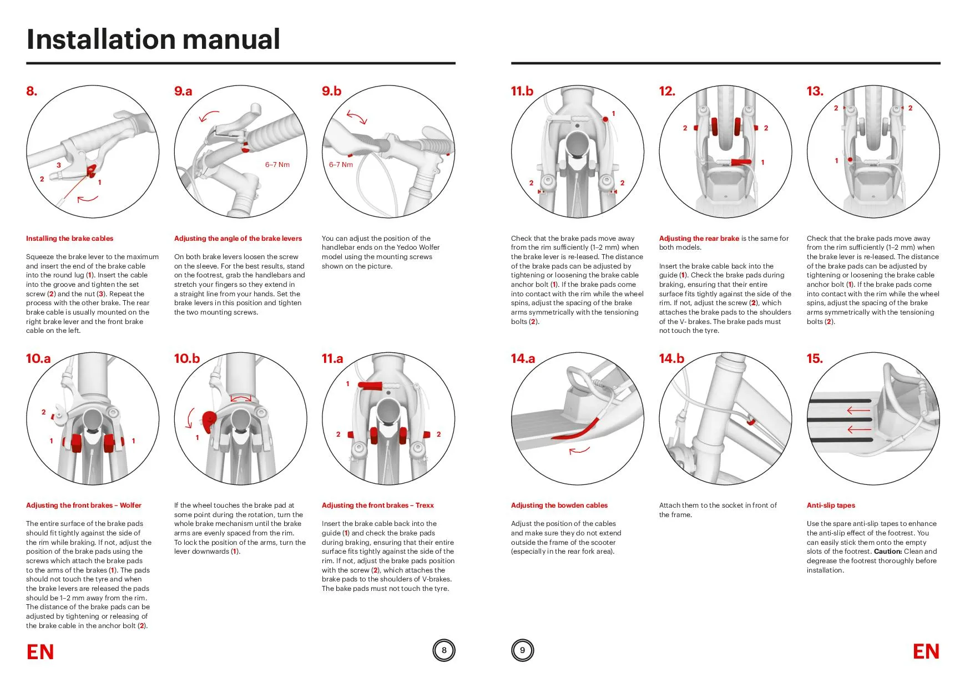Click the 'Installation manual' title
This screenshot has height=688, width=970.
coord(153,39)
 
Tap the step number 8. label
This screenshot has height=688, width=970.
coord(32,91)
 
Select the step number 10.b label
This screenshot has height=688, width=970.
coord(186,358)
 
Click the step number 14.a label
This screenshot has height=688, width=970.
coord(523,358)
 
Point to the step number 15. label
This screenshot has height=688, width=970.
coord(815,358)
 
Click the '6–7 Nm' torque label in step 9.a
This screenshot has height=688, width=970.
coord(277,165)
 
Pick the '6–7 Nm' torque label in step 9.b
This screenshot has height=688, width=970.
coord(341,165)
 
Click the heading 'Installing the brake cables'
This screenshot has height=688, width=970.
coord(69,239)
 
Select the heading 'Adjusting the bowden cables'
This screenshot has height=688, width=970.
coord(559,505)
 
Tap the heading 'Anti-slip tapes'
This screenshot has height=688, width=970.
coord(831,505)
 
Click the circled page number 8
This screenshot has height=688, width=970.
coord(444,650)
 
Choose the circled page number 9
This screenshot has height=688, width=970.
coord(522,650)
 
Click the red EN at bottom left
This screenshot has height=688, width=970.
coord(40,652)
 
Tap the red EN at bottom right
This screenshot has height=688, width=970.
coord(926,652)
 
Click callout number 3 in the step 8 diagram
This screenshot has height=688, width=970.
coord(58,165)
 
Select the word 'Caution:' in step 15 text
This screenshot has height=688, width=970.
coord(887,552)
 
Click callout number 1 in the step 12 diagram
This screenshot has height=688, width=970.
coord(762,163)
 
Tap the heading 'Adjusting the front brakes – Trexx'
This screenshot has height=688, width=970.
coord(377,505)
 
